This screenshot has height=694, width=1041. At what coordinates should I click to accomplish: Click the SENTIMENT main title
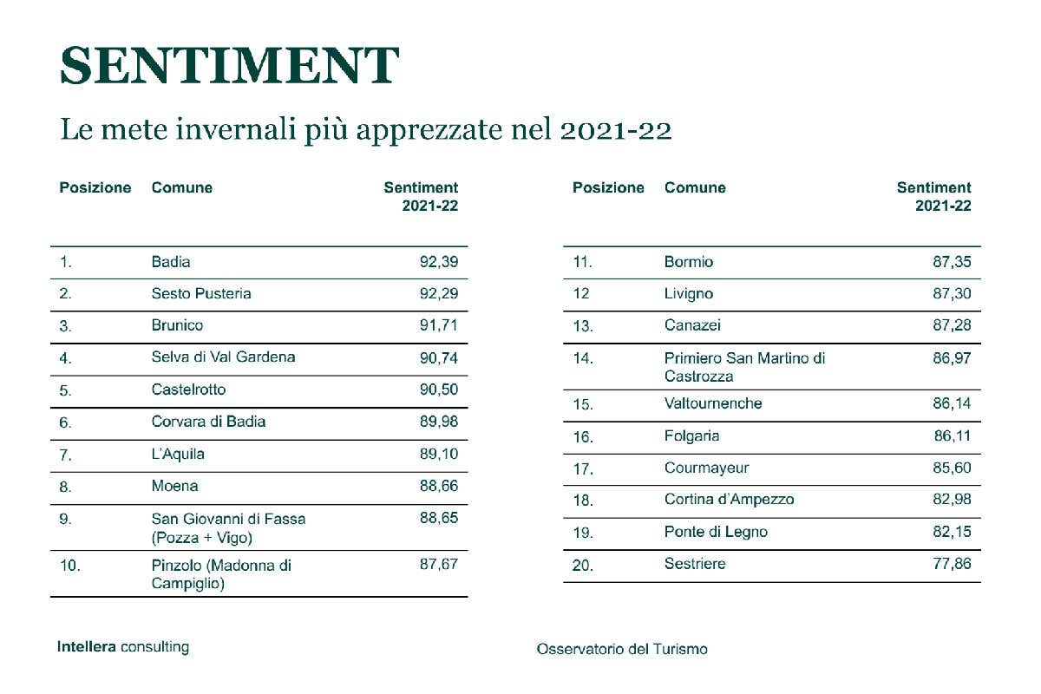[230, 65]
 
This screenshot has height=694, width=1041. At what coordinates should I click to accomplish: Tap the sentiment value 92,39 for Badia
[438, 262]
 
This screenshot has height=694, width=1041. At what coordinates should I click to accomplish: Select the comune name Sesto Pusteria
[201, 294]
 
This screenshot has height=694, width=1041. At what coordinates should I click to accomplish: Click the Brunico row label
[177, 326]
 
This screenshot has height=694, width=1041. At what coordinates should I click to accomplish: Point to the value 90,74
[438, 357]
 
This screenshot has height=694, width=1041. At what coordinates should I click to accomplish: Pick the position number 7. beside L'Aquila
[65, 455]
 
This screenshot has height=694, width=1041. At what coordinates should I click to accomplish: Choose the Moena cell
[174, 487]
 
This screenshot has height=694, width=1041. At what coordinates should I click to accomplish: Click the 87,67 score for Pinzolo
[438, 565]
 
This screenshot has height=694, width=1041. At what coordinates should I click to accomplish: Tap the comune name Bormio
[689, 262]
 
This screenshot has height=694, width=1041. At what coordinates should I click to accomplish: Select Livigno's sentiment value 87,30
[952, 294]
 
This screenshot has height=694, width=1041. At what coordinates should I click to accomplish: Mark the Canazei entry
[692, 326]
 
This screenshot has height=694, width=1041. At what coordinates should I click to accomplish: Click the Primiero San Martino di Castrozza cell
[744, 367]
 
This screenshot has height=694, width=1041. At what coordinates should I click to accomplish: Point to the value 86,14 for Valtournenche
[952, 404]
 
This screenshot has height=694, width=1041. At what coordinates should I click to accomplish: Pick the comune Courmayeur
[706, 468]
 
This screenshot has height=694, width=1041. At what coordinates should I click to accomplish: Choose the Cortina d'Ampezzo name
[729, 500]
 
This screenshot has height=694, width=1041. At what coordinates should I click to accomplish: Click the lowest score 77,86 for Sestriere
[952, 565]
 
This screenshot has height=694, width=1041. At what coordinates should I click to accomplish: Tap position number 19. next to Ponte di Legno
[583, 533]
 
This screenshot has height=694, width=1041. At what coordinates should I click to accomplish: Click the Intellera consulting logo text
[122, 647]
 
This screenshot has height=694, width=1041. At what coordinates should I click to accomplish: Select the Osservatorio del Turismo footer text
[622, 649]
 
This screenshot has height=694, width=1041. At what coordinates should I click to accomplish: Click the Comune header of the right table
[695, 188]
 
